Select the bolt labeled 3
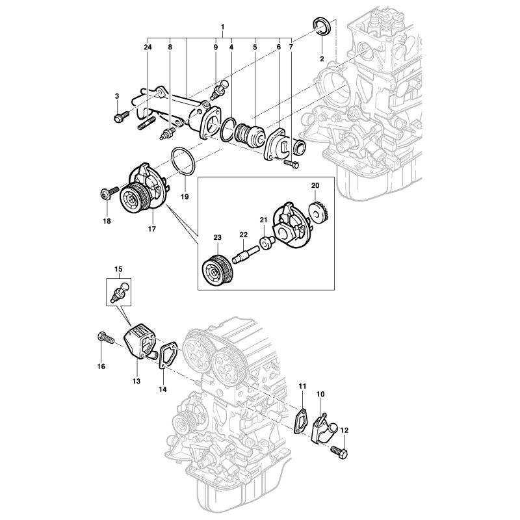[120, 117]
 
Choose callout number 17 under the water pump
[152, 228]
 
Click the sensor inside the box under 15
[118, 291]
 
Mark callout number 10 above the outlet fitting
[320, 394]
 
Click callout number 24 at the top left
[148, 47]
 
